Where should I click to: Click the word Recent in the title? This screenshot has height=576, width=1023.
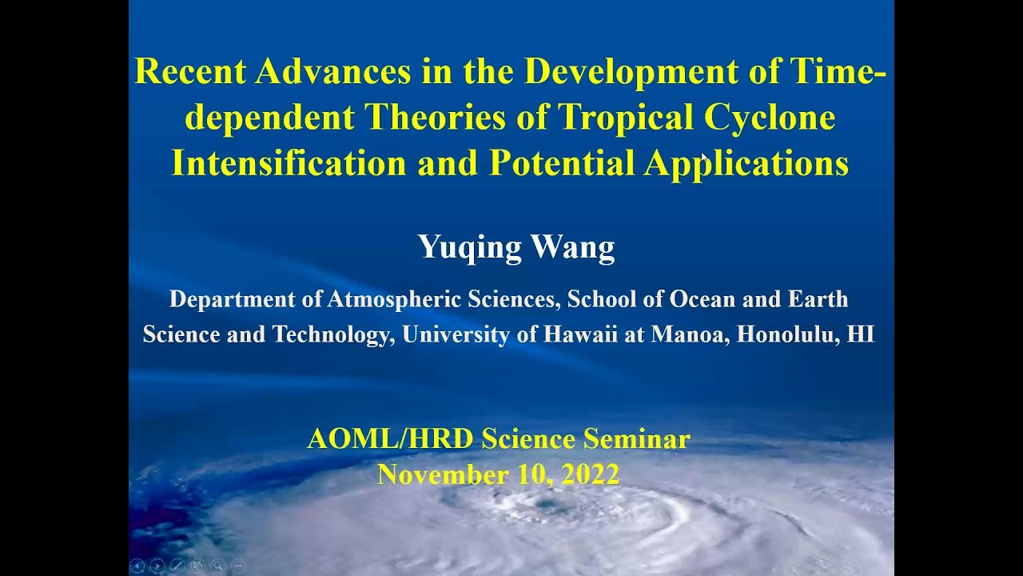click(x=190, y=71)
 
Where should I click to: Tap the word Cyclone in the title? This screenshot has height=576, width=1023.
click(x=770, y=117)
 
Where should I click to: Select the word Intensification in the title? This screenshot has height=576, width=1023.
click(x=289, y=162)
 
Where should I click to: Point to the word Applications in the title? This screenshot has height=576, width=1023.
click(x=746, y=164)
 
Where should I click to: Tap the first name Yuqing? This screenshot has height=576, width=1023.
click(x=469, y=247)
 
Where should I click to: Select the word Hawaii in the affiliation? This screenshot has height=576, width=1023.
click(x=580, y=334)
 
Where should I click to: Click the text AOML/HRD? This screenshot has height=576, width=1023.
click(x=391, y=439)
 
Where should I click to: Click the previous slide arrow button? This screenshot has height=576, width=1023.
click(x=137, y=566)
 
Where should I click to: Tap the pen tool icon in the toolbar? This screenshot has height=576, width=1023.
click(x=177, y=566)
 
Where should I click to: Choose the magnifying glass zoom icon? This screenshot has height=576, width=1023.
click(x=218, y=566)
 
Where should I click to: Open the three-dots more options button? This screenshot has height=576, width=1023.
click(x=238, y=566)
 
